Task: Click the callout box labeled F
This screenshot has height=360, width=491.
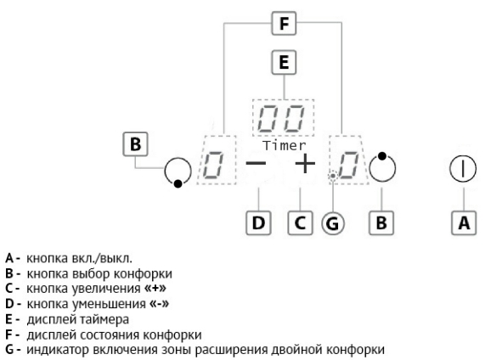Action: (284, 23)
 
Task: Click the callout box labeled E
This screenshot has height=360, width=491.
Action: (284, 62)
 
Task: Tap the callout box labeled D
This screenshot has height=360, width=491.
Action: (258, 223)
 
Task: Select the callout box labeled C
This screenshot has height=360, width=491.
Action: (300, 223)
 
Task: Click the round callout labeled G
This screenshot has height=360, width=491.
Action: (333, 223)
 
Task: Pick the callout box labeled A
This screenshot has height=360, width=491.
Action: (464, 223)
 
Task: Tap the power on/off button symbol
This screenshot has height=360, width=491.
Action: (463, 169)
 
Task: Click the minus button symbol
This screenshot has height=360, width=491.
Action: (256, 163)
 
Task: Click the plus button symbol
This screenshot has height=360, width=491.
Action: (305, 163)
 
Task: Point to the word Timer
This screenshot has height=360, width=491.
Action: (284, 145)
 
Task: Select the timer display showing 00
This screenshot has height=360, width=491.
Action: (283, 118)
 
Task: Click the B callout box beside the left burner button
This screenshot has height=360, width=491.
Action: (135, 144)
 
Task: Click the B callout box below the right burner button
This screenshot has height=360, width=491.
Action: (381, 223)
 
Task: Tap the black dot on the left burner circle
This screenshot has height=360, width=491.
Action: (178, 183)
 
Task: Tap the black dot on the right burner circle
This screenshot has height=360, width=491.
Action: (382, 156)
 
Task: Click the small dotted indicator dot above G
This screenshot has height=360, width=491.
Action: (333, 177)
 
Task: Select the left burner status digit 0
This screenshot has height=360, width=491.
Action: (213, 166)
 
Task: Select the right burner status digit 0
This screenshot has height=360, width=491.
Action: (349, 166)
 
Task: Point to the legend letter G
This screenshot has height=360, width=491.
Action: (9, 349)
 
